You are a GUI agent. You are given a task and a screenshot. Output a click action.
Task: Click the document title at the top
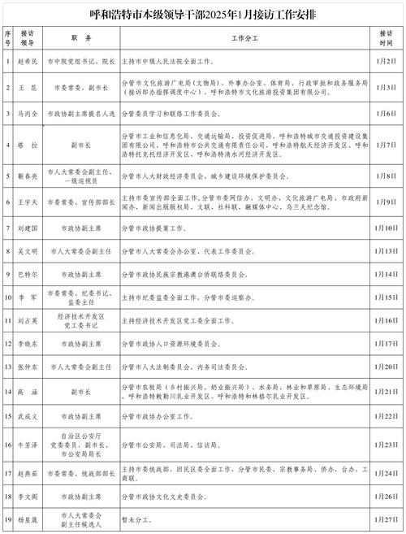pos(203,14)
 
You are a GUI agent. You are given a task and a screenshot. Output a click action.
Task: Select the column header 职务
pos(80,38)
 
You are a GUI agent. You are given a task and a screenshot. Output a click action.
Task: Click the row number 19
pos(7,519)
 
